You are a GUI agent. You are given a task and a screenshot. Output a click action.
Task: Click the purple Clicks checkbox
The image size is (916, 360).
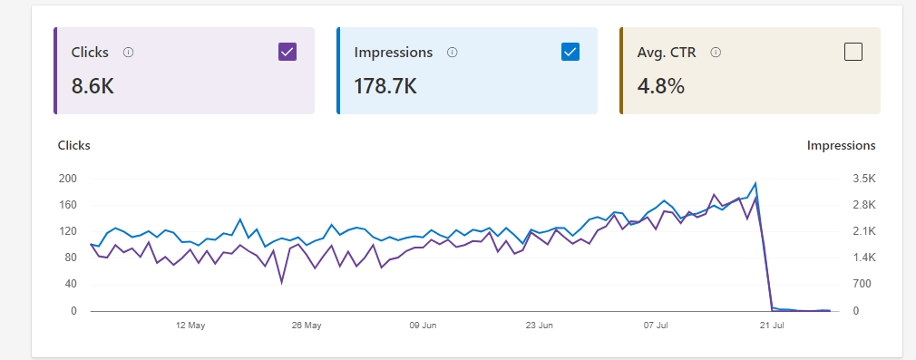coord(287,52)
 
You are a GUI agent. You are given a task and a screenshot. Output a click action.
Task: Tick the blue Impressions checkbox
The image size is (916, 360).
coord(570,52)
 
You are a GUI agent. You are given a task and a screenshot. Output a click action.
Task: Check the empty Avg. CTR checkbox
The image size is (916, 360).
coord(853,52)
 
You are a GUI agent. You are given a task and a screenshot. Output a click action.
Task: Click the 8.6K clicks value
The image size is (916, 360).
coord(93,87)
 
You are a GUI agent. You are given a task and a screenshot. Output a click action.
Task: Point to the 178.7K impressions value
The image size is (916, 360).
coord(385,87)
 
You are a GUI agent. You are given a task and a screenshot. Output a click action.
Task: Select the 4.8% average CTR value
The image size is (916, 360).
coord(661,87)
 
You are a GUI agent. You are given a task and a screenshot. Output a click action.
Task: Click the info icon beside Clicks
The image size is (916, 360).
coord(128,53)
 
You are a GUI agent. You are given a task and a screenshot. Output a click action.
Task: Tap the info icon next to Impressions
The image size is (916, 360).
coord(453,53)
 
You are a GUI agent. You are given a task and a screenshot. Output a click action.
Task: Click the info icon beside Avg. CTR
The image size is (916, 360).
coord(716,53)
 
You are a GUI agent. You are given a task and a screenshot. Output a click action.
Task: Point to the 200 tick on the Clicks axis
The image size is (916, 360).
coord(68,179)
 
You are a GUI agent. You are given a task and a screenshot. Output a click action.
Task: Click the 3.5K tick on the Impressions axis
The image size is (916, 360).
coord(862,179)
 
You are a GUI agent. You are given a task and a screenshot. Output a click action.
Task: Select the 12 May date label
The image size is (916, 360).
coord(190,325)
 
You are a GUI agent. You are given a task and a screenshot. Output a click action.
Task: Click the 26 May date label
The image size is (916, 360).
coord(307,325)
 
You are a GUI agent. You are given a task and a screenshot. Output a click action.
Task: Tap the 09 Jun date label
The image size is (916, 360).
coord(424,325)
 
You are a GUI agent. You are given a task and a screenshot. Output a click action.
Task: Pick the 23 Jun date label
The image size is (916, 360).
coord(540,325)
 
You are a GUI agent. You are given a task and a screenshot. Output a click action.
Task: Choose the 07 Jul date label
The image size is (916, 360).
coord(656,325)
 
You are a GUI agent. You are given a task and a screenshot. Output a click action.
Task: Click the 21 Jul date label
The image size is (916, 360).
coord(772,325)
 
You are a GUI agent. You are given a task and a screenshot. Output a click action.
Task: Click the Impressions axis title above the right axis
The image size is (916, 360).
coord(841,145)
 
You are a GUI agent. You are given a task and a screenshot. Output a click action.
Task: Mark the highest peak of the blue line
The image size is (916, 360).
coord(755,183)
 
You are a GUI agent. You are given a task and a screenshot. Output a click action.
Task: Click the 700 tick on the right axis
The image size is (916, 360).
coord(861,284)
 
